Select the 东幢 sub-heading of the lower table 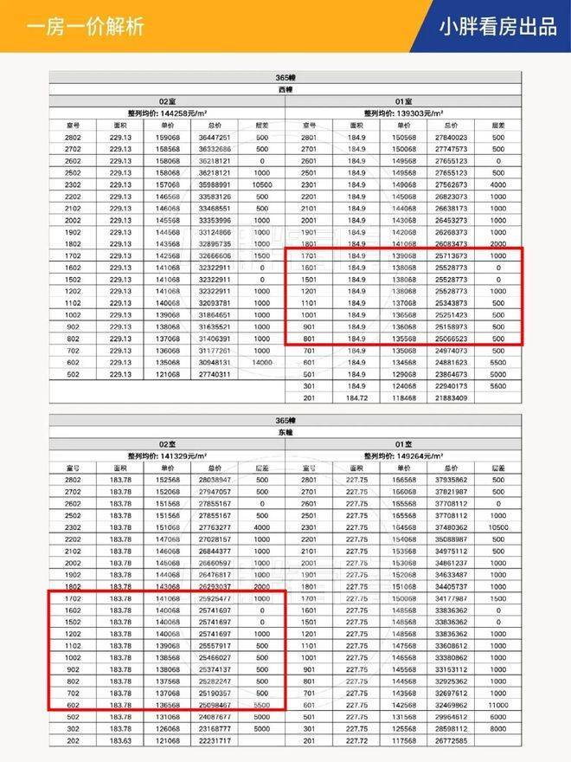pos(285,430)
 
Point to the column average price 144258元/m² pos(168,113)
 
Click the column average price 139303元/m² pos(404,113)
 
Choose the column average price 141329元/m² pos(168,454)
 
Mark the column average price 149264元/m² pos(404,454)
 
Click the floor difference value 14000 pos(261,362)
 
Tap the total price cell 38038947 pos(214,478)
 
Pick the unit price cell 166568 pos(404,478)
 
